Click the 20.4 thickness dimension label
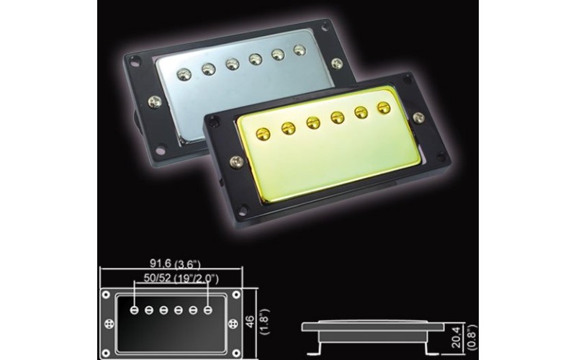pos(455,331)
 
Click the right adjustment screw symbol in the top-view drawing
pos(231,310)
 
